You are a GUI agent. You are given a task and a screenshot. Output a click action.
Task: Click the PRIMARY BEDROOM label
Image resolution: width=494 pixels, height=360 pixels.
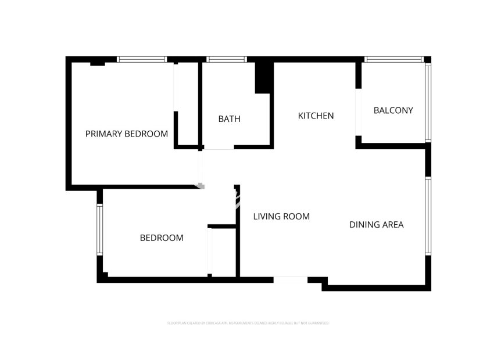click(x=127, y=134)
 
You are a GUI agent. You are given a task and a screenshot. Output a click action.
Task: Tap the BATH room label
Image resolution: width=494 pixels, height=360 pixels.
click(x=229, y=119)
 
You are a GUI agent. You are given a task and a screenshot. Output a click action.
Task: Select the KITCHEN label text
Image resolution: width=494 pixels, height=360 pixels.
click(x=316, y=116)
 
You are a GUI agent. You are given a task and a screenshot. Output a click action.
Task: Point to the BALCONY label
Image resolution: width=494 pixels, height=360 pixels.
click(x=393, y=110)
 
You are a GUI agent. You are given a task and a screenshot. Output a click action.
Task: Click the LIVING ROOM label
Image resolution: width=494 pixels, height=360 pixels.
click(x=281, y=217)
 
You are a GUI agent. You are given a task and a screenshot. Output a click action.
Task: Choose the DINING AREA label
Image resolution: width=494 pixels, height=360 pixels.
click(x=376, y=224)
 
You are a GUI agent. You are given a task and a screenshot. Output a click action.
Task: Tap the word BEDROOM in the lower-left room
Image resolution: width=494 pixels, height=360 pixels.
click(x=162, y=237)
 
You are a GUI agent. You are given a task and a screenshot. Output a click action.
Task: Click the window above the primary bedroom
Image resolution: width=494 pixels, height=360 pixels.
click(x=142, y=59)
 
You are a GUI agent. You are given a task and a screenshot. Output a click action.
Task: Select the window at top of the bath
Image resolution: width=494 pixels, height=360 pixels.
click(x=227, y=59)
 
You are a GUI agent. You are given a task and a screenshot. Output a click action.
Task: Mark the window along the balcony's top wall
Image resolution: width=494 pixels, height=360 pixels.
click(x=394, y=59)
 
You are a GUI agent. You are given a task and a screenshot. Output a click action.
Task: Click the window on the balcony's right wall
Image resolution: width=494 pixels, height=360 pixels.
click(x=428, y=102)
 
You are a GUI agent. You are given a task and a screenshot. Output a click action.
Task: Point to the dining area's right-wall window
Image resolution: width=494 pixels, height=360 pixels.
click(x=428, y=215)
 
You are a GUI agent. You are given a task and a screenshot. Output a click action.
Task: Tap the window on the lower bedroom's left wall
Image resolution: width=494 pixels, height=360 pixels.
click(x=99, y=229)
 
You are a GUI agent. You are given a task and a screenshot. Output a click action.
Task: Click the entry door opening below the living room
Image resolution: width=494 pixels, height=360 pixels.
click(x=290, y=280)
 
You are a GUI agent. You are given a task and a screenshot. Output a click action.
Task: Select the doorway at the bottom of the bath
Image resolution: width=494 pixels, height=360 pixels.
click(x=219, y=147)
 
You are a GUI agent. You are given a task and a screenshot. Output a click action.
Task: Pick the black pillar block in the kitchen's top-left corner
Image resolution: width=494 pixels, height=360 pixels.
click(x=263, y=77)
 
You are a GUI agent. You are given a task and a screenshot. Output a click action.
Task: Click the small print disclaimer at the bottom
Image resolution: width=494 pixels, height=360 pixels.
click(x=248, y=322)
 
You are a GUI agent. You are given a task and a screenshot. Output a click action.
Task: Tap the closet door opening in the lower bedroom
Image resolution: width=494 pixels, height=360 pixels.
click(x=210, y=252)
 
